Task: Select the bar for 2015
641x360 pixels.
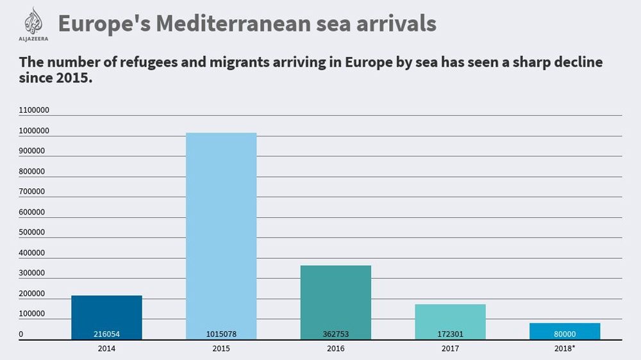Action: pos(221,231)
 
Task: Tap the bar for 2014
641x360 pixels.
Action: pos(106,314)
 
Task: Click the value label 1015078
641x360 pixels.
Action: pos(221,334)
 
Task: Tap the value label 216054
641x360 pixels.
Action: pos(106,334)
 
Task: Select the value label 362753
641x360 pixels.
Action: pos(335,334)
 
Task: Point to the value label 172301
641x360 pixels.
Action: pos(450,334)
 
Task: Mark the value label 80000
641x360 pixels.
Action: pos(565,334)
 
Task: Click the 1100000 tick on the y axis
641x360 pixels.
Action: pos(34,110)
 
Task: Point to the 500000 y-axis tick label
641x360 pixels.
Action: pos(32,232)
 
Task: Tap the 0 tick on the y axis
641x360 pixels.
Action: pos(21,334)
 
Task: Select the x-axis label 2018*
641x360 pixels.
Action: pos(565,348)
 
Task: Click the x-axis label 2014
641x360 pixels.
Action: pos(106,348)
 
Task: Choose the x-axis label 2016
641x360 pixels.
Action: pos(335,348)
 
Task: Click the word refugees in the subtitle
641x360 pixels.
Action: pos(146,63)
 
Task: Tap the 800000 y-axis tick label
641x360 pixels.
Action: pos(32,171)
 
